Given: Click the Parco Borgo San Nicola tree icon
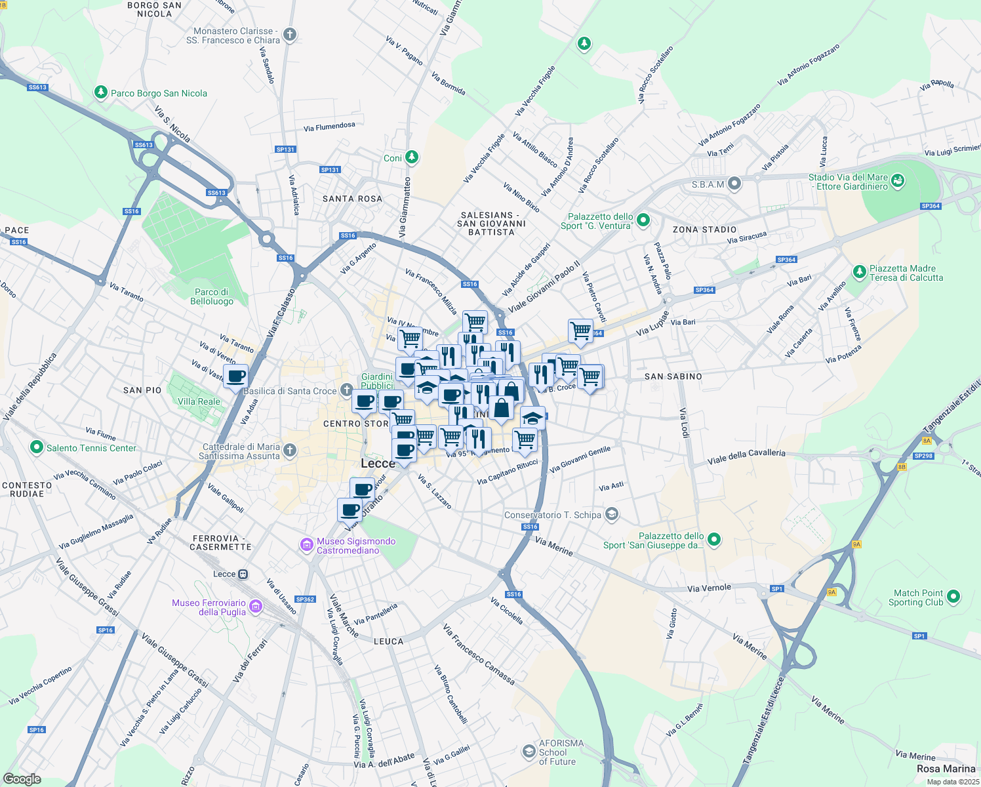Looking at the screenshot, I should [100, 92].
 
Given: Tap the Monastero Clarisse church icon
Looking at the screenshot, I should [290, 35].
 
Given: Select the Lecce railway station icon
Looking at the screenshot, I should [243, 574].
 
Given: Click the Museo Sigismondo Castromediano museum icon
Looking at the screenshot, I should [306, 545].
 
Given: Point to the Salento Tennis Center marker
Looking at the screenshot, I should [37, 447].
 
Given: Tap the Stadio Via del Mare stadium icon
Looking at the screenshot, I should [898, 180].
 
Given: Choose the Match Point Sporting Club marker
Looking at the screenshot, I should [953, 597].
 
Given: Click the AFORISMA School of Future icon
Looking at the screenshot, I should [529, 751].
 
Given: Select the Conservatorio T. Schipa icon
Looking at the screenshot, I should [611, 514].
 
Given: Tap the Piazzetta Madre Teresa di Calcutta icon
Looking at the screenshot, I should [860, 272].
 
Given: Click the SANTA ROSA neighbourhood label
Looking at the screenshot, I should [352, 199].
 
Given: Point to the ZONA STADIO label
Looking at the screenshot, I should [704, 230].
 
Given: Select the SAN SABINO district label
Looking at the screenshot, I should [673, 376].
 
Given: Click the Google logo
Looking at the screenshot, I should [22, 779].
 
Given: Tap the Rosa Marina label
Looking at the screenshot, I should [946, 769].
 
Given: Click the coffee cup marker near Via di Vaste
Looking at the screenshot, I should [236, 376].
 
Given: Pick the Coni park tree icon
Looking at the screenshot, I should [411, 157].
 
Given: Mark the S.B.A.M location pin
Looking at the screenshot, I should [734, 184].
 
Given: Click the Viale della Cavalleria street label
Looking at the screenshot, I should [746, 456].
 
